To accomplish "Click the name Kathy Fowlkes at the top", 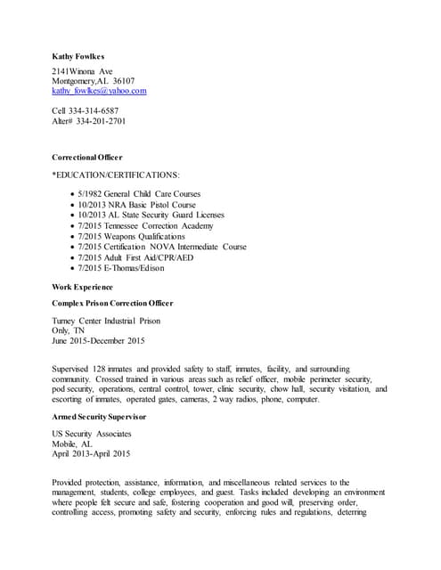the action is coord(78,56).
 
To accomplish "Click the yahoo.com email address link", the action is coord(99,91).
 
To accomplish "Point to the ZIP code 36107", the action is coord(121,81).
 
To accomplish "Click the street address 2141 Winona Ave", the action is coord(82,70).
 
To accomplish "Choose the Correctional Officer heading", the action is coord(87,157).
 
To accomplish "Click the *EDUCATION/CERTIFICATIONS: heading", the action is coord(116,175).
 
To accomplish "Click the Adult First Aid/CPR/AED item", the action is coord(139,257).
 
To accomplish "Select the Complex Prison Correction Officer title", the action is coord(112,304).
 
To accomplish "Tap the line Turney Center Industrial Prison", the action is coord(106,321).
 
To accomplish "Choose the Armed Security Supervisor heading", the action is coord(99,416).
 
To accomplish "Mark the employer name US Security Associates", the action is coord(92,433).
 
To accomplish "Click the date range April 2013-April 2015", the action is coord(91,453).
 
